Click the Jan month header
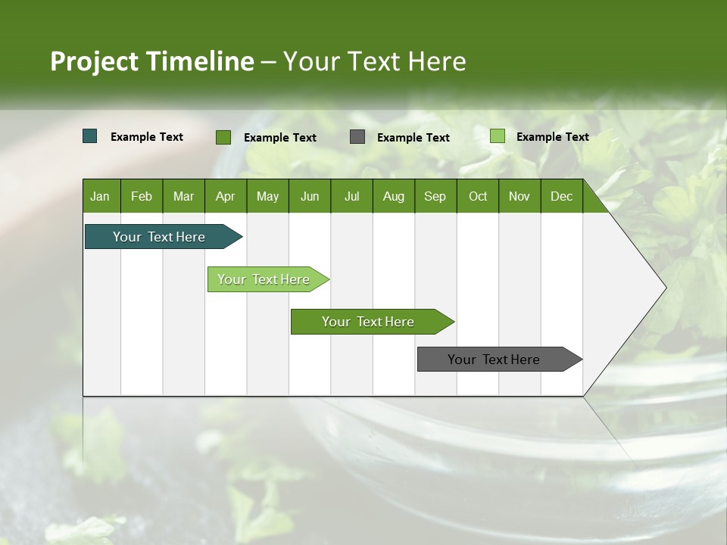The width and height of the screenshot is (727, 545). click(x=100, y=196)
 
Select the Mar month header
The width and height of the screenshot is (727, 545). click(x=183, y=196)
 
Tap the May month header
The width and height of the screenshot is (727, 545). click(x=267, y=196)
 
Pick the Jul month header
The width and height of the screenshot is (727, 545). click(x=351, y=196)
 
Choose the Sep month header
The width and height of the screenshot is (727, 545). click(x=435, y=196)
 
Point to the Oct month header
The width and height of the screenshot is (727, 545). click(x=478, y=196)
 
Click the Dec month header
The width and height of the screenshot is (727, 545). click(x=561, y=196)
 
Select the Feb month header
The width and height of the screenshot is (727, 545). click(x=142, y=196)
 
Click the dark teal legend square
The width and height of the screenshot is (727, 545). click(x=90, y=136)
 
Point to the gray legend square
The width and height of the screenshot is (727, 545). click(x=357, y=136)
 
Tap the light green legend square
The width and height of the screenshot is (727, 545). click(x=497, y=136)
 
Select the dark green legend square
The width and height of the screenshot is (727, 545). click(x=223, y=137)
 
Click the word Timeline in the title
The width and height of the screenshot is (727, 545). click(x=201, y=61)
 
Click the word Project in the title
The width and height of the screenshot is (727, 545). click(x=95, y=61)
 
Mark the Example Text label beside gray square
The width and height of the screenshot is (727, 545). click(x=413, y=138)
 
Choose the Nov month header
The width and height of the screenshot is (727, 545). click(x=520, y=196)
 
